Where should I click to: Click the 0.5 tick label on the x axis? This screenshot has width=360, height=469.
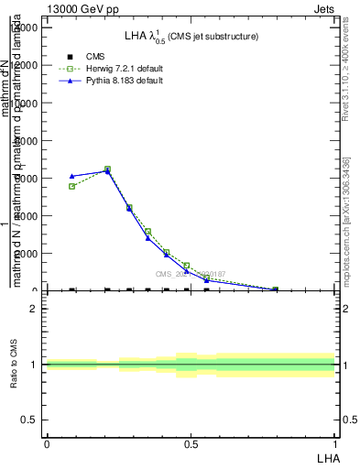pos(191,442)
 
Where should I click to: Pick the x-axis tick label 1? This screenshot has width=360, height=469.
pos(334,442)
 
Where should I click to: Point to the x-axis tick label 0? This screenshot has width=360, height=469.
pos(47,442)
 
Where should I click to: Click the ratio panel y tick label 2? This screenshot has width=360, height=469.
pos(34,309)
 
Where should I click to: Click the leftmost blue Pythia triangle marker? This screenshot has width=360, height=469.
pos(71,176)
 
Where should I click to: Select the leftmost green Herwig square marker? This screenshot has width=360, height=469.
pos(71,186)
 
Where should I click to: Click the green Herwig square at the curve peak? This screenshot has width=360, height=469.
pos(107,169)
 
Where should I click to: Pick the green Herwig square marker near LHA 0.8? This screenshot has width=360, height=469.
pos(275,289)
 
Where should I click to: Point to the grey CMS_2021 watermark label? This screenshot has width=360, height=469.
pos(190,274)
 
